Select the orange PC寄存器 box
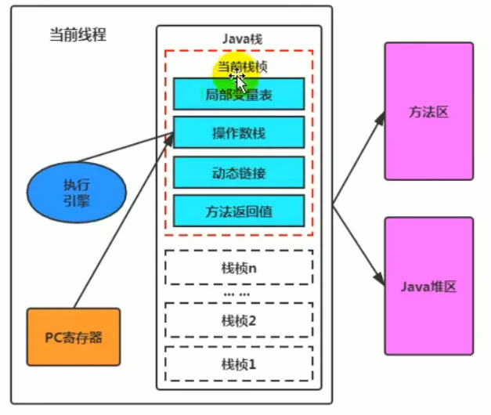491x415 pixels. coord(74,337)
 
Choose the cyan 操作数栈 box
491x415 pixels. coord(238,132)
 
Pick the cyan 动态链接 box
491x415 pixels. coord(238,171)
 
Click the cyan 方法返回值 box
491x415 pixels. coord(238,211)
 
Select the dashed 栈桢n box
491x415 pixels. coord(238,269)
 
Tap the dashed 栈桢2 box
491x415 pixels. coord(238,319)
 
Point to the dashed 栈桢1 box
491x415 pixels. coord(238,363)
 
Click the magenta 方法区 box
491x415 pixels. coord(428,112)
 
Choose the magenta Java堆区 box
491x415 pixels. coord(428,286)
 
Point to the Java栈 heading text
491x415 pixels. coord(238,38)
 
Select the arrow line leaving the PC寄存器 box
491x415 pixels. coord(117,227)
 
